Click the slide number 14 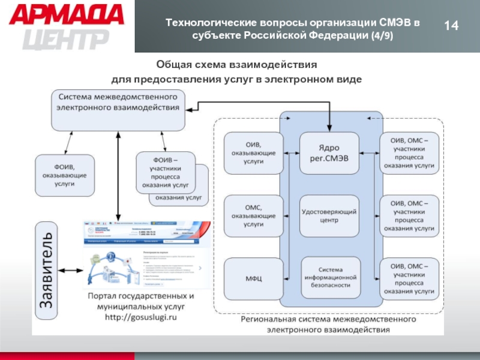451,26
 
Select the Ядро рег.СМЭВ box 329,152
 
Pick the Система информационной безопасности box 329,277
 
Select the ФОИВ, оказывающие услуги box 65,175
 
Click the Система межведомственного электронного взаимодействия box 118,110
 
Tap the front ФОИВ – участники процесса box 166,173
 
